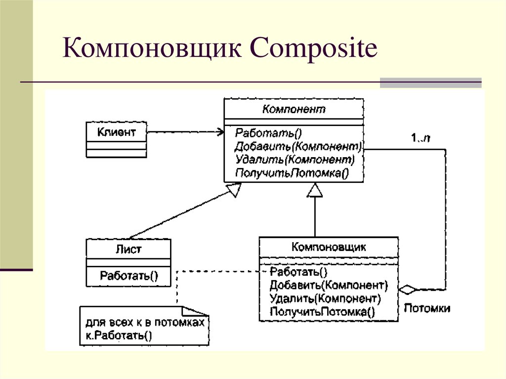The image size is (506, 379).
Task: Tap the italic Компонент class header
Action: (x=294, y=109)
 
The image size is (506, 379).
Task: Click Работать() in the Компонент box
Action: (x=268, y=133)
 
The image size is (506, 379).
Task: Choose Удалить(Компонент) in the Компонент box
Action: (x=295, y=160)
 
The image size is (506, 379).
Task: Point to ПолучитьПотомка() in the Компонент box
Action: (x=292, y=173)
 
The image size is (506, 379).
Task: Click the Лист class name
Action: (x=128, y=249)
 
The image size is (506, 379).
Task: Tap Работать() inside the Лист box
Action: (x=129, y=275)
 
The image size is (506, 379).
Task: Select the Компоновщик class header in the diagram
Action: (x=329, y=247)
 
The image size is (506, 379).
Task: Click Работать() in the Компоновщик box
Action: (x=298, y=272)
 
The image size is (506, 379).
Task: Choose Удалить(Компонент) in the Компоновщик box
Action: (x=325, y=298)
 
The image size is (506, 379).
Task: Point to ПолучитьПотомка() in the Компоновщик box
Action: (x=322, y=312)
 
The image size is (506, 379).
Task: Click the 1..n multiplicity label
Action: (x=420, y=138)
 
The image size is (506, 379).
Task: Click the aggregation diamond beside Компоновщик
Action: (x=408, y=289)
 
